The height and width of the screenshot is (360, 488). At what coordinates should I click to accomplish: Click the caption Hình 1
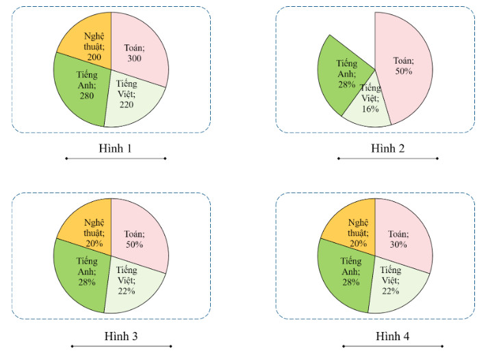click(x=115, y=148)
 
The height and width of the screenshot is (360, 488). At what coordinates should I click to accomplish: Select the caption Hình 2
click(x=387, y=148)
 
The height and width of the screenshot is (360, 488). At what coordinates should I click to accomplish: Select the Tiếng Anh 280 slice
click(x=82, y=89)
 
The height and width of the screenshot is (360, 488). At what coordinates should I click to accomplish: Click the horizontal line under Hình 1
click(x=115, y=159)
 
